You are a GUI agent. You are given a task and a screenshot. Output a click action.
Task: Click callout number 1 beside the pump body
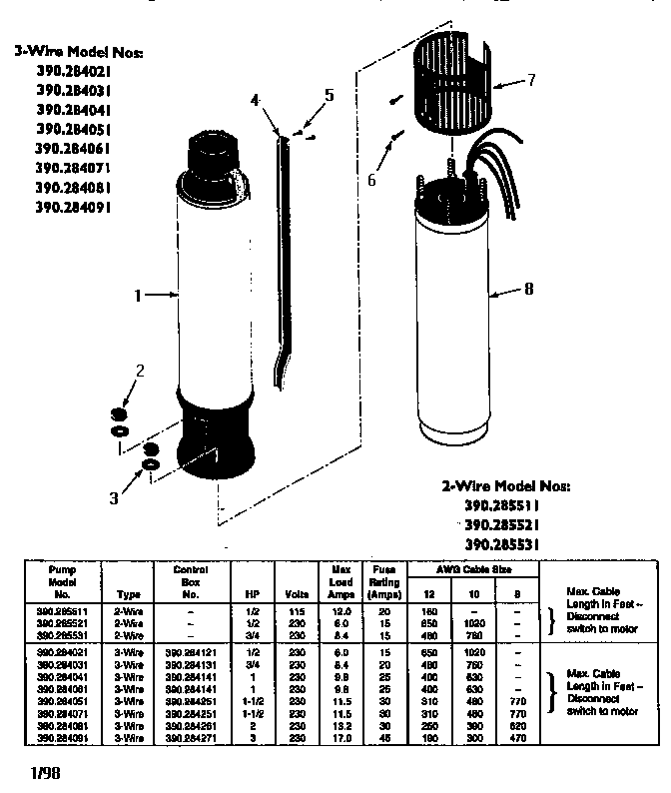click(140, 295)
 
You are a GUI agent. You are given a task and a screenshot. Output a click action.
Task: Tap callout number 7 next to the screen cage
click(531, 79)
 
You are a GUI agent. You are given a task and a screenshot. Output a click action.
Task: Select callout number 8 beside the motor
click(528, 289)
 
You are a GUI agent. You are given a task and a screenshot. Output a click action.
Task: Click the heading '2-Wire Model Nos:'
click(506, 486)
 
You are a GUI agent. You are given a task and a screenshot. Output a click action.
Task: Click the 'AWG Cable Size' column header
click(475, 568)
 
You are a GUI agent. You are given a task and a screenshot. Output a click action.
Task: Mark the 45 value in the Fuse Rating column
click(383, 737)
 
